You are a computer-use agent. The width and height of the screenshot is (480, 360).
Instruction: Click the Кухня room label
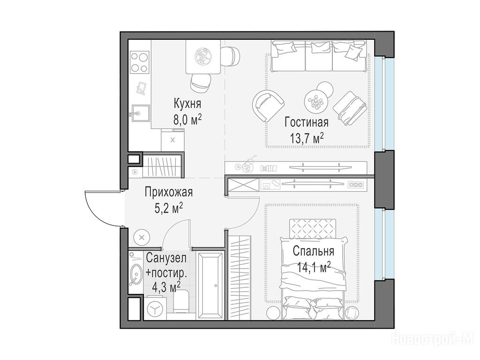(x=187, y=104)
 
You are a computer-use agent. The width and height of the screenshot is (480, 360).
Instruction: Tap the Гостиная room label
(x=307, y=122)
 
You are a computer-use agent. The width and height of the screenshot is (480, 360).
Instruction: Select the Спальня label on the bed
(x=314, y=251)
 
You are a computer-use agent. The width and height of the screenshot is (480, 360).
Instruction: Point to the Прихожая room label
(x=169, y=192)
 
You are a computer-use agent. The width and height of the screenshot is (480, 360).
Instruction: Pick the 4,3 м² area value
(x=166, y=287)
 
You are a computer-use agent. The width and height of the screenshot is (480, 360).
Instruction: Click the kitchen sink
(x=139, y=113)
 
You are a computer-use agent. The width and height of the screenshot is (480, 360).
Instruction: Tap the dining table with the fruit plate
(x=203, y=57)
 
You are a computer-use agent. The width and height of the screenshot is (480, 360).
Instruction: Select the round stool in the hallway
(x=142, y=237)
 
